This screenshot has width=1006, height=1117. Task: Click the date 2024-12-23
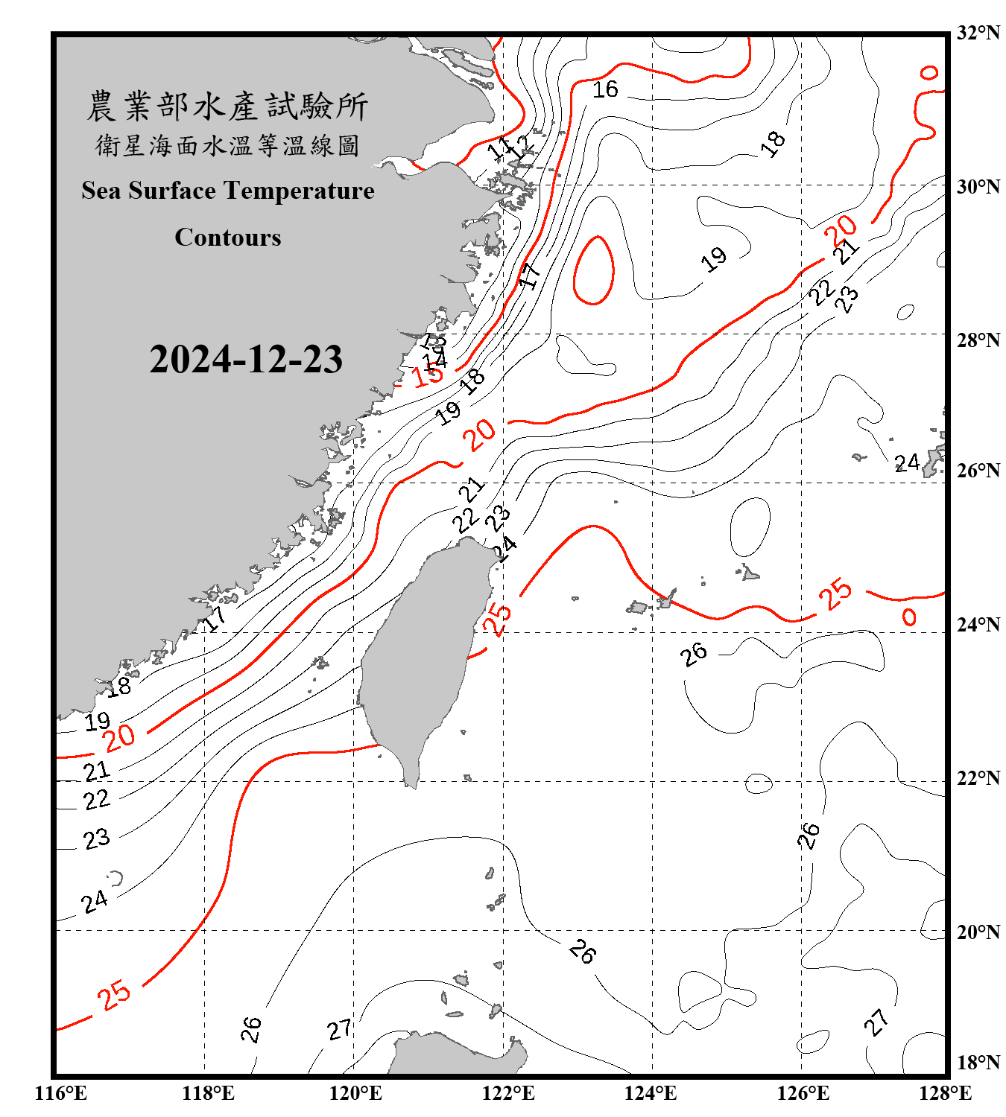246,360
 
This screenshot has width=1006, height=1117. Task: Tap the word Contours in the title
228,238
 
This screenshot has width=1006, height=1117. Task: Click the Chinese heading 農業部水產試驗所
227,106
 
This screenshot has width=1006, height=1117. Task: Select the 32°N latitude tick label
978,33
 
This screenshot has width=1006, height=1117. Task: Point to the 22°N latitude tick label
978,778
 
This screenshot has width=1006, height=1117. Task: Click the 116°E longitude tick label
61,1093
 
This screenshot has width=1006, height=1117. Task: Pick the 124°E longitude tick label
651,1093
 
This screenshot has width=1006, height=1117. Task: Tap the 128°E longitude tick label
945,1093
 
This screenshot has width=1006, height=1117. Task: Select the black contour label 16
605,90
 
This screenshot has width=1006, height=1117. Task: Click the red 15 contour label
428,374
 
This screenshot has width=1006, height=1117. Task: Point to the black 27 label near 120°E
339,1030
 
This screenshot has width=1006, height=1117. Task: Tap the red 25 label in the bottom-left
114,995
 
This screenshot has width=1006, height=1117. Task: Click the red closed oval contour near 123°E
594,270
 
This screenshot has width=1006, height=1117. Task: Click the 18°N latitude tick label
978,1063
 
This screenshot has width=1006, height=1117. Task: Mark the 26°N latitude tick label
978,471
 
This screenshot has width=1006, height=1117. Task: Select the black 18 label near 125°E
773,143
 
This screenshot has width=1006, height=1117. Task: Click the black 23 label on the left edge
96,839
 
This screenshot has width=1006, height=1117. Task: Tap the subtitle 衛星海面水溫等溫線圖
227,145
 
